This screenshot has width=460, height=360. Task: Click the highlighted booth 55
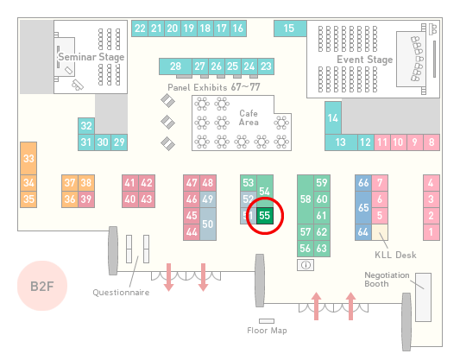pos(265,216)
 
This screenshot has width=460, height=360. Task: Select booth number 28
pos(175,66)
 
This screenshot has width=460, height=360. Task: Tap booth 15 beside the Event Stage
pos(290,28)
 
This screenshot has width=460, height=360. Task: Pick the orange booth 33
pos(28,159)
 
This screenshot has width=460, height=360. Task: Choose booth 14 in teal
pos(333,118)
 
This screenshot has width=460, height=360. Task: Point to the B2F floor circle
pos(42,286)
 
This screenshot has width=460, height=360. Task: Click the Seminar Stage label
pos(91,57)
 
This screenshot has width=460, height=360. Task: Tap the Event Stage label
pos(365,60)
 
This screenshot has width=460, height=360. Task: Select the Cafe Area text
pos(249,117)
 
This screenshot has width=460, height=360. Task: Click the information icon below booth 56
pos(306,265)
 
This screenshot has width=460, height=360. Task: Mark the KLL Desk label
pos(395,255)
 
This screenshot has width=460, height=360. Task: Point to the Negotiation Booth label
pos(387,280)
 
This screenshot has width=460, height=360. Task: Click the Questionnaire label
pos(121,293)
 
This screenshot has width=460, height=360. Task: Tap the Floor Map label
pos(267,331)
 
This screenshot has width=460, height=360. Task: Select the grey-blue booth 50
pos(208,224)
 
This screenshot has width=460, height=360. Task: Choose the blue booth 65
pos(363,207)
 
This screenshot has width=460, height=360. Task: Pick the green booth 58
pos(306,199)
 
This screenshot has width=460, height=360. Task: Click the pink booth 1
pos(432,232)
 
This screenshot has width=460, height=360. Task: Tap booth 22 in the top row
pos(140,28)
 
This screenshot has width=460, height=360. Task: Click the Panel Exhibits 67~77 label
pos(214,87)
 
